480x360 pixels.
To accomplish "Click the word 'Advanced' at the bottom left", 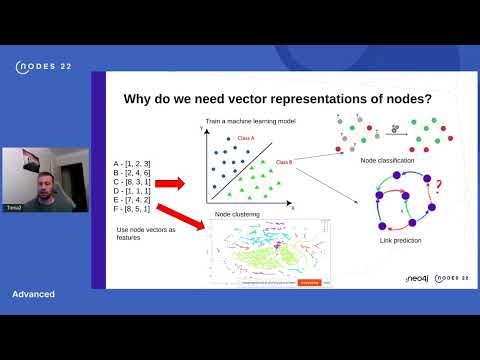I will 33,294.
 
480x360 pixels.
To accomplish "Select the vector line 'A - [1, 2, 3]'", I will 133,161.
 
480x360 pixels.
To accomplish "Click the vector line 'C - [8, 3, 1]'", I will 133,181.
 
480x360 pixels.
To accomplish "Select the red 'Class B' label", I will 283,162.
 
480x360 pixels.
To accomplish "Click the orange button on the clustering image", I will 311,282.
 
